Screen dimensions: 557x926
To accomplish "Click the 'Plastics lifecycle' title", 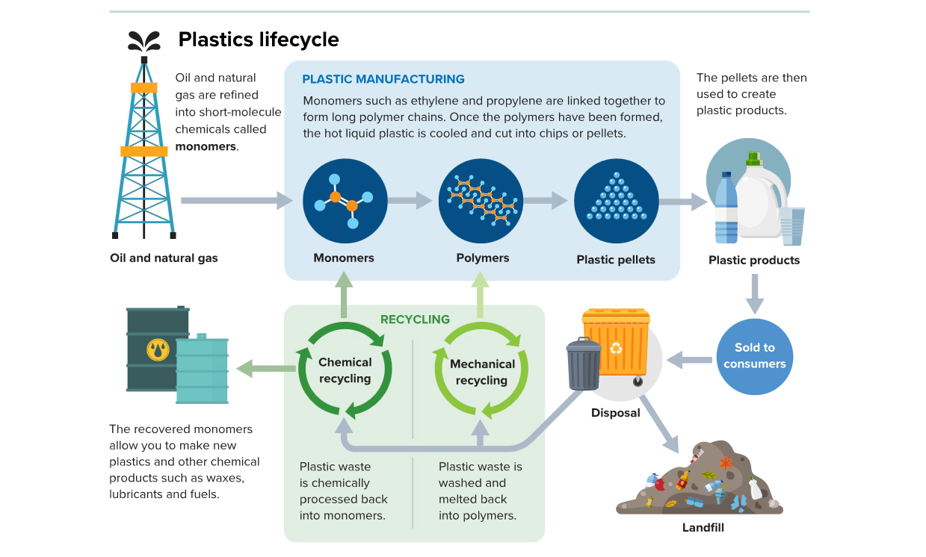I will coord(258,39).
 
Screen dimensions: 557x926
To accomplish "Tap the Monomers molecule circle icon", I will coord(345,201).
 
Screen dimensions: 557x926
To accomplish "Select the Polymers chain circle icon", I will coord(481,201).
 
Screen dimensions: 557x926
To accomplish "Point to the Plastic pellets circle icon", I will coord(616,201).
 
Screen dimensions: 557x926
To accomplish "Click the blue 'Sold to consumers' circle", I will coord(754,356).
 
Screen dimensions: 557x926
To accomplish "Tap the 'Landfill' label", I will coord(703,528).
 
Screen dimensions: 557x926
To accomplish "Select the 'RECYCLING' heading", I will coord(415,320).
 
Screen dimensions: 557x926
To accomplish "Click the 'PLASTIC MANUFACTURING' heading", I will coord(383,79).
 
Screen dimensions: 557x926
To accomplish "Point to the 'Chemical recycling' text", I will coord(345,370).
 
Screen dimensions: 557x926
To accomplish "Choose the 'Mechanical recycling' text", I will coord(482,372).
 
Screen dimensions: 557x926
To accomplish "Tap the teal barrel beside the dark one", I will coord(203,370).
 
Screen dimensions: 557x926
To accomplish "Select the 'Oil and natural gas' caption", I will coord(164,258).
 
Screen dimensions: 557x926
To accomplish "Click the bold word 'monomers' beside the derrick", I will coord(206,146).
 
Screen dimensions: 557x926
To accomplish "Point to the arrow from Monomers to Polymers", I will coord(410,200).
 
